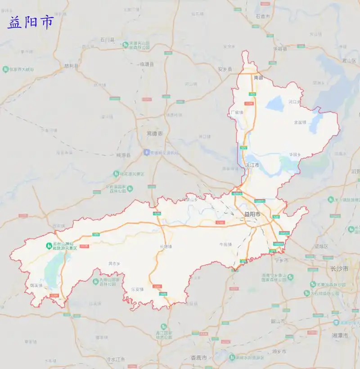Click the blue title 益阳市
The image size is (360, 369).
31,22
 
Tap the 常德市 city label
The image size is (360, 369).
155,133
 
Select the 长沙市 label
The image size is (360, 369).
340,269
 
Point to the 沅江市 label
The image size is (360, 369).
252,165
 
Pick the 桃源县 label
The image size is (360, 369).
123,155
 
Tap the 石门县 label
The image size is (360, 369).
108,40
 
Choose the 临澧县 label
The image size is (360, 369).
147,64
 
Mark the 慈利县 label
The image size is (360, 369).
71,66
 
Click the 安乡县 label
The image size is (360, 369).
225,69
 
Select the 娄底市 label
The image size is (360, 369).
198,358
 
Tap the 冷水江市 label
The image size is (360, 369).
115,360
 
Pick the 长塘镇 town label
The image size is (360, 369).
166,246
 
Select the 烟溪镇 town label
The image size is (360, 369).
36,285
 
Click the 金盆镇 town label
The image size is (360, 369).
300,122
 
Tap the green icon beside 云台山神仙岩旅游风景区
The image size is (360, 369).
48,245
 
